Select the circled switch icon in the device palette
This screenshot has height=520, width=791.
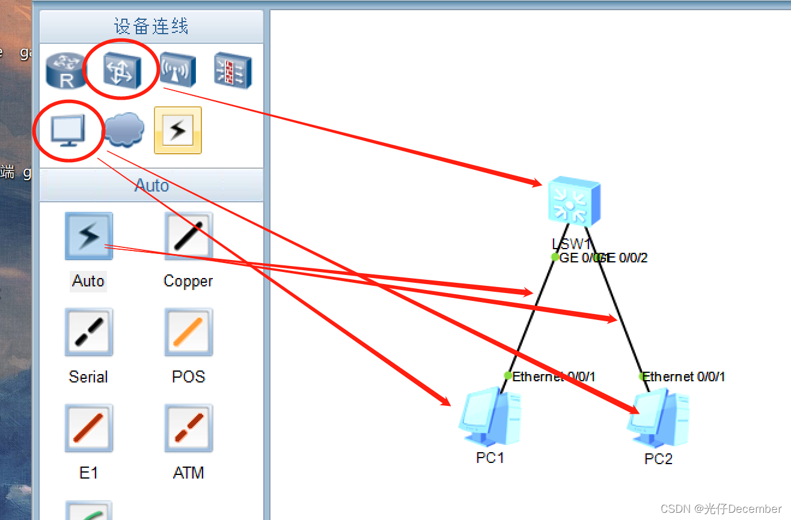tap(121, 70)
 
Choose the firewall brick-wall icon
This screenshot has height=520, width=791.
tap(233, 70)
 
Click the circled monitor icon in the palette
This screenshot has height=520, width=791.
tap(69, 130)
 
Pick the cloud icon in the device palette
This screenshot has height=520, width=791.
tap(124, 130)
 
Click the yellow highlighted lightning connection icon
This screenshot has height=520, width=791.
tap(178, 130)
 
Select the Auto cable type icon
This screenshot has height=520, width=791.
tap(89, 236)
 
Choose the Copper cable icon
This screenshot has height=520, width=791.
tap(188, 236)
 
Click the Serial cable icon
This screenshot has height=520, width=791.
tap(89, 332)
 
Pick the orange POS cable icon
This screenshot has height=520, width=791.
tap(188, 332)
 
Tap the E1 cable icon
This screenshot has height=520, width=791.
tap(89, 428)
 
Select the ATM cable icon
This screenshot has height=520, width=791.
tap(188, 428)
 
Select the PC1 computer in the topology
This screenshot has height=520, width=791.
tap(490, 419)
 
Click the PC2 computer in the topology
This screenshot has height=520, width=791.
tap(658, 419)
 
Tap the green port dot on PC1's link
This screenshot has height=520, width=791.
tap(508, 376)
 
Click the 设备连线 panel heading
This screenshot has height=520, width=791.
tap(151, 26)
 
